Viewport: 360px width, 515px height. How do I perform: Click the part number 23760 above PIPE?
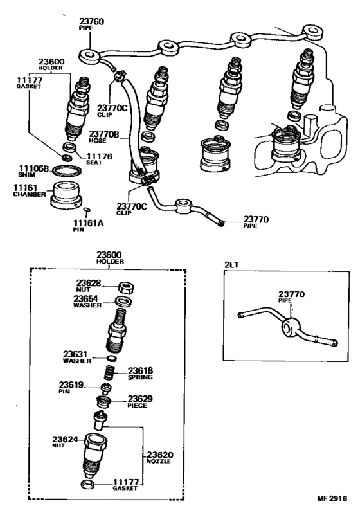tap(91, 22)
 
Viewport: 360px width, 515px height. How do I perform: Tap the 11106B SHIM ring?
tap(67, 171)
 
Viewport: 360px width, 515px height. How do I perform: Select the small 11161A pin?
tap(87, 209)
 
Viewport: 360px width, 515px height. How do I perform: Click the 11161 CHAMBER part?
tap(66, 195)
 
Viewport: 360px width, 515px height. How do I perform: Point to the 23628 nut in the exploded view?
tap(125, 287)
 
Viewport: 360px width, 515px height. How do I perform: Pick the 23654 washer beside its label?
tap(123, 301)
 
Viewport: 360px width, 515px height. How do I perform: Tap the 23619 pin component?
tap(106, 388)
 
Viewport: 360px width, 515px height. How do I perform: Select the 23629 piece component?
tap(103, 401)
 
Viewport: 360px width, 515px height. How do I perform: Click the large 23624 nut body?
tap(94, 455)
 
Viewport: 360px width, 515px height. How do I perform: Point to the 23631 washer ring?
tap(111, 358)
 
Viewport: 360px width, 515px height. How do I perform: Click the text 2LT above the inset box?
tap(232, 265)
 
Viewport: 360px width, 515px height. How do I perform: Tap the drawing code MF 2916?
tap(332, 498)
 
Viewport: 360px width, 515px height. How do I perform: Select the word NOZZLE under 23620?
tap(159, 462)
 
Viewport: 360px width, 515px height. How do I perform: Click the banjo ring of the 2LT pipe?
tap(291, 326)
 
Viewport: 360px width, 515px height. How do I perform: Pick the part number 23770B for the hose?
tap(104, 134)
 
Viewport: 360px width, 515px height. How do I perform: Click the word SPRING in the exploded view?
tap(140, 377)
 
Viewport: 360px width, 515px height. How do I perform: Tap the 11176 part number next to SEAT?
tap(99, 157)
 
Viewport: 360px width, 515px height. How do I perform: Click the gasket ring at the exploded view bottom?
tap(87, 484)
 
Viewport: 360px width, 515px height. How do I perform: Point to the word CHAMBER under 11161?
tap(30, 194)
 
